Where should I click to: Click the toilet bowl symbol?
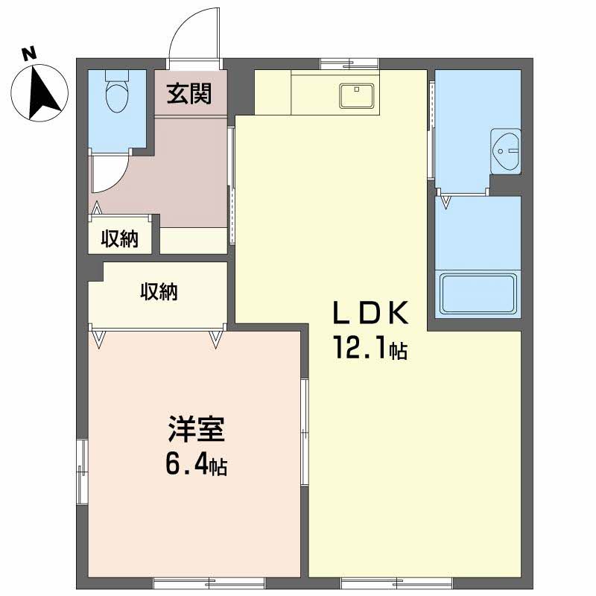tap(118, 97)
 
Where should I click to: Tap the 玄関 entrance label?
tap(189, 94)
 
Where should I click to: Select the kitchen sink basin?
tap(357, 96)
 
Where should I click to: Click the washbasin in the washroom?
tap(506, 151)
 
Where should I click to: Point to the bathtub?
tap(478, 294)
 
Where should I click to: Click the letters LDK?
tap(370, 312)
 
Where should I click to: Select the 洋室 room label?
tap(196, 430)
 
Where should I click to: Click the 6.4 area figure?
tap(186, 464)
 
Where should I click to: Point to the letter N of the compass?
tap(29, 54)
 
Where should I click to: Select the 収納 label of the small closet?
tap(119, 238)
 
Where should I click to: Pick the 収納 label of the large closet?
tap(159, 292)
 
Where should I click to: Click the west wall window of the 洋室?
tap(82, 472)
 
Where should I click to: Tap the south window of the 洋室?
tap(209, 583)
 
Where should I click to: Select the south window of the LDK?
tap(397, 583)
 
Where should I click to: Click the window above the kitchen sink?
tap(349, 64)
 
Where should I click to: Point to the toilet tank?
tap(118, 75)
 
